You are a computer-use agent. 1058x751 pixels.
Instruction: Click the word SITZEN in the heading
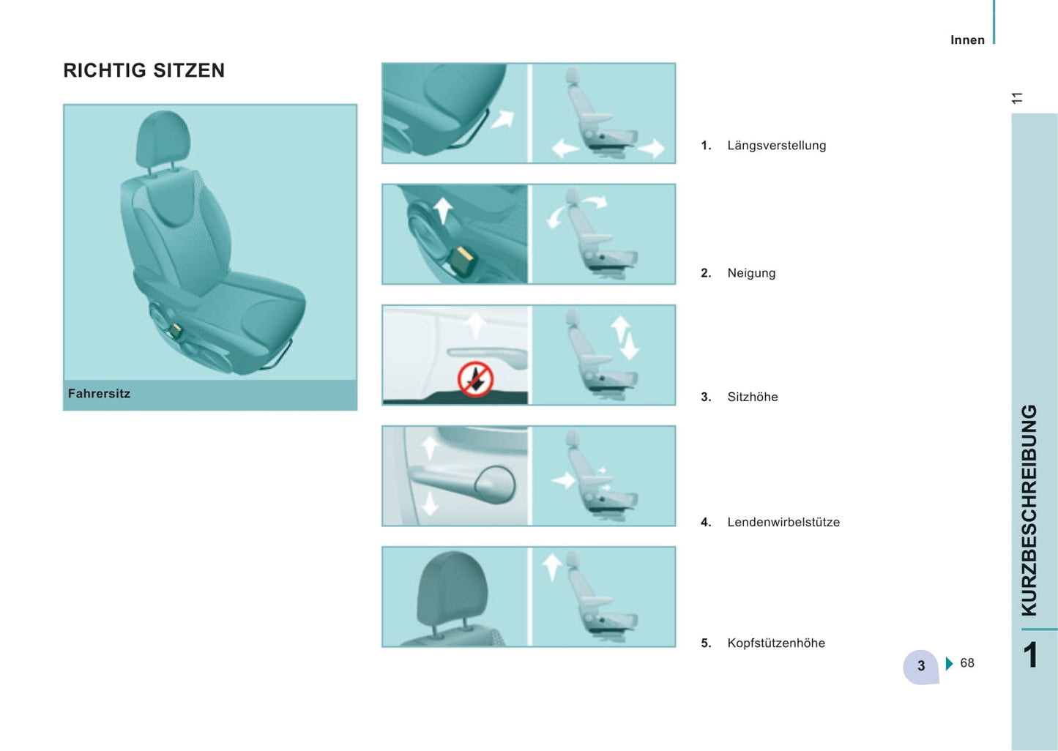coord(189,70)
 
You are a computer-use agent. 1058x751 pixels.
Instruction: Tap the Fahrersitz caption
coord(99,394)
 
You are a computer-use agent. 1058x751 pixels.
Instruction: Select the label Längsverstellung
coord(777,146)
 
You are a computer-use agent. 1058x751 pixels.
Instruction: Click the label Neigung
coord(751,274)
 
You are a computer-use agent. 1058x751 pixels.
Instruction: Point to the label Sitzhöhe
coord(753,397)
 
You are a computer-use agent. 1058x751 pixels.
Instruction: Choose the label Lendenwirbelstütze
coord(783,522)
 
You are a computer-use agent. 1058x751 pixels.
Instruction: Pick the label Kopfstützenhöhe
coord(776,643)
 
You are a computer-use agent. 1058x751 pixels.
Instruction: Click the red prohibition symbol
coord(476,379)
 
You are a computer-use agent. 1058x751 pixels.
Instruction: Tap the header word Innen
coord(967,40)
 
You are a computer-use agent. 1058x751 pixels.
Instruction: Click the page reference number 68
coord(966,662)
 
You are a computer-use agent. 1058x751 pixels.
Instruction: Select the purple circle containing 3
coord(920,666)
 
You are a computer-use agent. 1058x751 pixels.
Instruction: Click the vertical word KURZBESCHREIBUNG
coord(1029,510)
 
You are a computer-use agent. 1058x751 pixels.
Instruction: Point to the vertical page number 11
coord(1017,98)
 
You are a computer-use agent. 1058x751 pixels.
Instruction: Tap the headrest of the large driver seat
coord(163,137)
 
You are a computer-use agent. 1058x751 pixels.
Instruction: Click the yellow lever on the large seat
coord(176,330)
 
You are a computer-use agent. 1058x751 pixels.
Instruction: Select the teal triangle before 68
coord(950,664)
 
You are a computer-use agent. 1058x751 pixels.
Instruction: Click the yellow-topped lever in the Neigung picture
coord(462,261)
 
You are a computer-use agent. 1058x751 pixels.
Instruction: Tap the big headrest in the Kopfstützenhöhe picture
coord(452,591)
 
